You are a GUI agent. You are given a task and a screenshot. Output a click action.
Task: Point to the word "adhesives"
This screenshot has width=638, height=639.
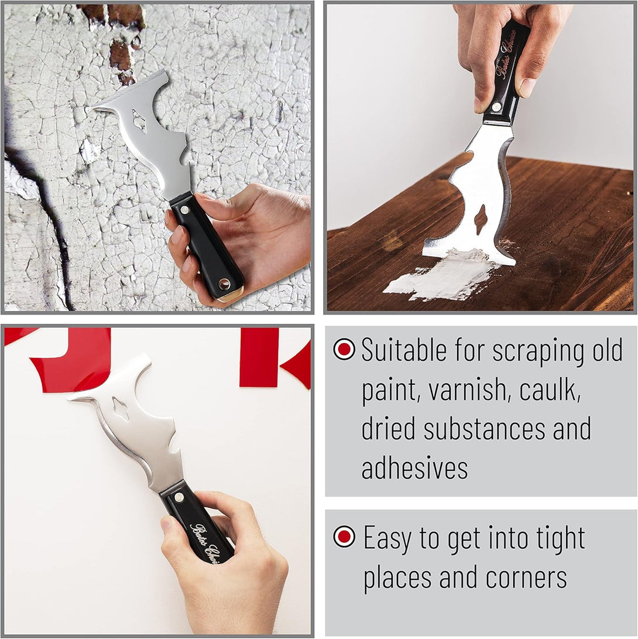(414, 469)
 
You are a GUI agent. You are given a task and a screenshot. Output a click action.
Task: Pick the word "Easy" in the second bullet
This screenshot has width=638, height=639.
(387, 538)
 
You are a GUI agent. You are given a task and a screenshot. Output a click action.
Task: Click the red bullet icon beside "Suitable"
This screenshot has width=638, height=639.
(344, 349)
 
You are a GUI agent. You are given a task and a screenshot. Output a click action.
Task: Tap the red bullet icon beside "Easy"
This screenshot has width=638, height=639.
(344, 537)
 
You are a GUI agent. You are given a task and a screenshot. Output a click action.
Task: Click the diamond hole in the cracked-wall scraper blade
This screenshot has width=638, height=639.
(139, 121)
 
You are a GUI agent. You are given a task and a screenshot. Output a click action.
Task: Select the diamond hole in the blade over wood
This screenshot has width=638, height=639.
(480, 220)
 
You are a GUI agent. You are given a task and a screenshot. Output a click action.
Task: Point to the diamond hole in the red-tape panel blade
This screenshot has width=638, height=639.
(120, 409)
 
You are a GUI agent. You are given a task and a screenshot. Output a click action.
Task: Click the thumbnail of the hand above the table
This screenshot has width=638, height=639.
(527, 87)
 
